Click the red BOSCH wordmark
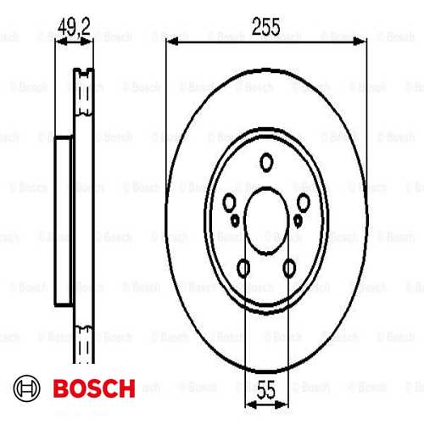92,390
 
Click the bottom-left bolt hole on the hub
244,270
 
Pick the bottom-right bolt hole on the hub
290,270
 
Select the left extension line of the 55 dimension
245,339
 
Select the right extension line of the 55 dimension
290,339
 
